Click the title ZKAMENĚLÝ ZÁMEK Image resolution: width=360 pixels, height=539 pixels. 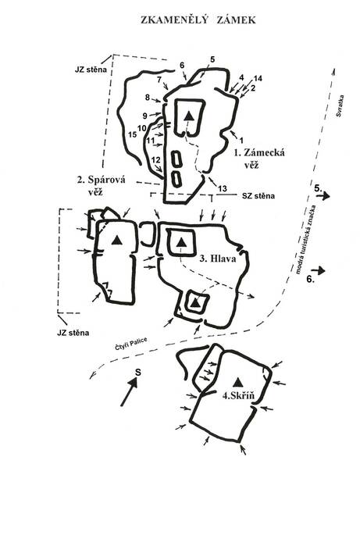click(198, 20)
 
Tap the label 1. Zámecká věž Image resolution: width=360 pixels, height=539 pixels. click(259, 158)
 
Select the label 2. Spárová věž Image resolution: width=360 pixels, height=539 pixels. click(101, 185)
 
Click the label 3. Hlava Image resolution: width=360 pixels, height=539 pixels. click(218, 259)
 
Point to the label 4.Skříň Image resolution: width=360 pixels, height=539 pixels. click(238, 395)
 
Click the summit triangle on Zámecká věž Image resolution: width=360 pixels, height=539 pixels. click(188, 116)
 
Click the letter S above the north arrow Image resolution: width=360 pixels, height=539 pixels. click(137, 372)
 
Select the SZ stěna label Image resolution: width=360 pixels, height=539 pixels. click(258, 196)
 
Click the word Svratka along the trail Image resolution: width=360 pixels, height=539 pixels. click(340, 106)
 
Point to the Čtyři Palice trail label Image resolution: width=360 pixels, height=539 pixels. click(131, 344)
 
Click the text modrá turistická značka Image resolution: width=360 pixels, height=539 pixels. click(305, 239)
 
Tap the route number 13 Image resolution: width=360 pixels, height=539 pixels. click(223, 188)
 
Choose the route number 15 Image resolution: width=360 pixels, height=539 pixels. click(133, 134)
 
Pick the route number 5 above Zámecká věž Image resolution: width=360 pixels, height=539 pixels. click(212, 59)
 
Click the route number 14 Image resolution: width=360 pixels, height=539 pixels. click(258, 78)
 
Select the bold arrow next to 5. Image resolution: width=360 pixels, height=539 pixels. click(323, 196)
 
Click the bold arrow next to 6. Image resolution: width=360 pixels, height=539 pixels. click(319, 270)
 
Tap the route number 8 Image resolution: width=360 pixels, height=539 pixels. click(148, 98)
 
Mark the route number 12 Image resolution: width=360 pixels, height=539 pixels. click(155, 160)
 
